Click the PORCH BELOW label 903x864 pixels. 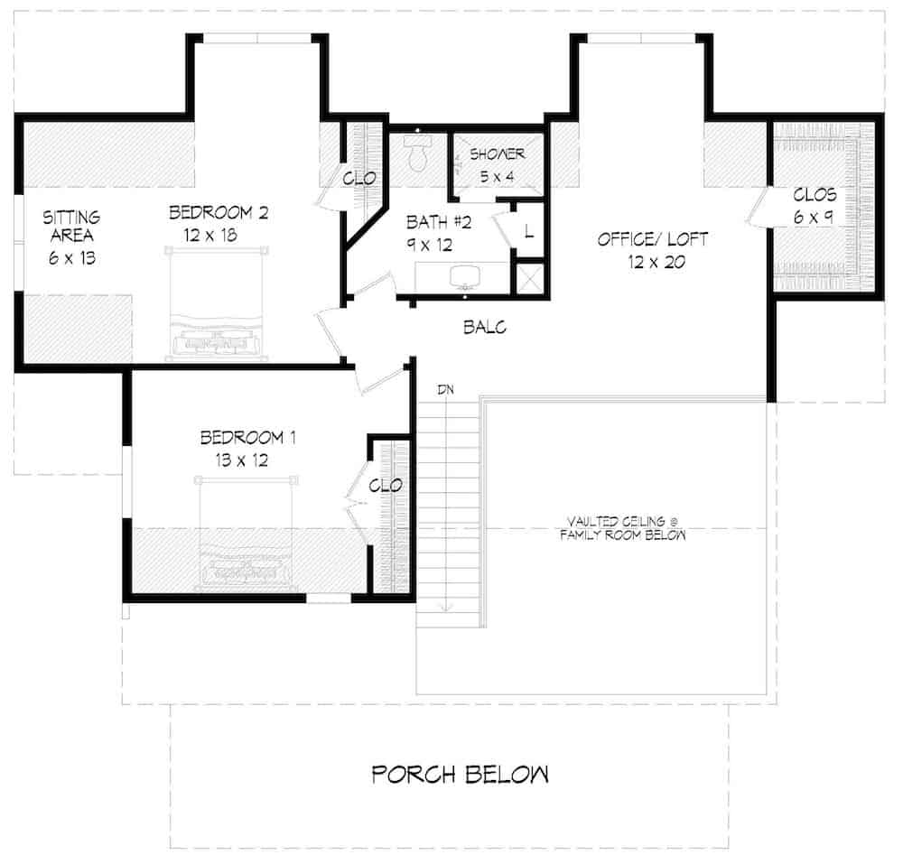point(461,775)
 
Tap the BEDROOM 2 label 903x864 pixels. point(219,214)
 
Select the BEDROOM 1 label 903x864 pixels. point(248,439)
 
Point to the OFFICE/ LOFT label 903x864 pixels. point(653,240)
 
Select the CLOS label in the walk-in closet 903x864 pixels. point(815,195)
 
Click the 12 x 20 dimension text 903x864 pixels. point(653,263)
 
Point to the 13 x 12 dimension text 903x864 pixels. point(247,460)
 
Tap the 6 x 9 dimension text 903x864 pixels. point(815,218)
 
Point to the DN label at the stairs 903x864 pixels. point(445,389)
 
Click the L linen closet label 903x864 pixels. point(527,230)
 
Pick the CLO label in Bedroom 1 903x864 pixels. point(386,486)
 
